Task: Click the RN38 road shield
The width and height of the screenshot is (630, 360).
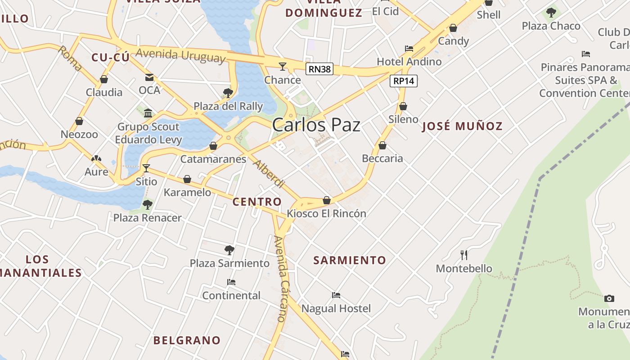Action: [319, 69]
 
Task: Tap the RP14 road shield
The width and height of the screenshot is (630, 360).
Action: [404, 81]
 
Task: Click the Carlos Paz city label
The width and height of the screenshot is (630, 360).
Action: [316, 125]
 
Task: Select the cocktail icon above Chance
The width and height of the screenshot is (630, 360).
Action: [283, 67]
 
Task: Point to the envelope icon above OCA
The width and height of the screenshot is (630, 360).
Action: [149, 77]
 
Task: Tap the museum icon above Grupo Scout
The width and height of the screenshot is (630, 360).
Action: [148, 112]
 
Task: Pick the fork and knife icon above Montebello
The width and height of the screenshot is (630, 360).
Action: [464, 255]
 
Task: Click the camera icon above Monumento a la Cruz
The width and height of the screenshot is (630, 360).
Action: [609, 298]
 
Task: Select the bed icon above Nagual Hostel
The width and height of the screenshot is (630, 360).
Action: [336, 295]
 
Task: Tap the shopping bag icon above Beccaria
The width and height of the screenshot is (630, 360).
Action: [382, 145]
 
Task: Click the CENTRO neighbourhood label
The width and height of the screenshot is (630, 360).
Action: [257, 202]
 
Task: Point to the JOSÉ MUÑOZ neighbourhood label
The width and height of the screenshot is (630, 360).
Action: [462, 126]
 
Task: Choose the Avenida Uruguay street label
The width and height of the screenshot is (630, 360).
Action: [180, 55]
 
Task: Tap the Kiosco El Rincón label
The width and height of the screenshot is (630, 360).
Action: [327, 213]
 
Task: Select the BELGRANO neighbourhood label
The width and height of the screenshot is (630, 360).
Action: [187, 340]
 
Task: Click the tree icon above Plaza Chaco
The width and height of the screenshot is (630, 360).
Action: [551, 13]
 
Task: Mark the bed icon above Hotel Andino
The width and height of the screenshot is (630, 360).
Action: [409, 48]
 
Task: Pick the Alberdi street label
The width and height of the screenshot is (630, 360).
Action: [269, 174]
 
